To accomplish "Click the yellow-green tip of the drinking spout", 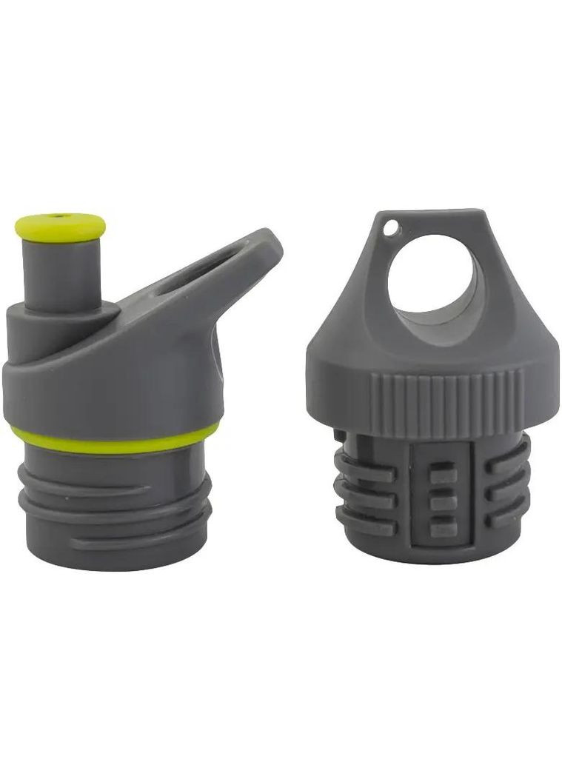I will click(60, 227).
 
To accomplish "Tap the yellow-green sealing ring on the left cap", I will click(111, 441).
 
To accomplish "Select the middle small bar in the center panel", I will click(443, 501).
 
